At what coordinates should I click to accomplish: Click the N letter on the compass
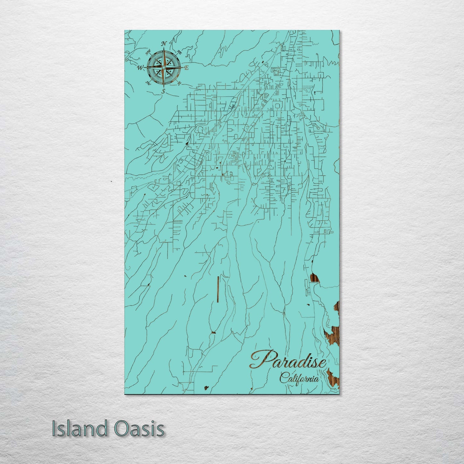pyautogui.click(x=163, y=44)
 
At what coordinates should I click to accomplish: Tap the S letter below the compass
pyautogui.click(x=163, y=92)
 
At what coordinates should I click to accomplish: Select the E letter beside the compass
pyautogui.click(x=186, y=68)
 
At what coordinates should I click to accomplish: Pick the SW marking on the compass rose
pyautogui.click(x=148, y=83)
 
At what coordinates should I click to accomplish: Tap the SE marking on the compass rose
pyautogui.click(x=179, y=83)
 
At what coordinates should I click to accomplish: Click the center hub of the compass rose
pyautogui.click(x=163, y=68)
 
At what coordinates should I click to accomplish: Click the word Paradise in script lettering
pyautogui.click(x=288, y=360)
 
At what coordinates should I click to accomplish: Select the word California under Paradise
pyautogui.click(x=299, y=378)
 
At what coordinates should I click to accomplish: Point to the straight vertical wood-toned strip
pyautogui.click(x=218, y=289)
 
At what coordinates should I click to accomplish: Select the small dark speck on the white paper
pyautogui.click(x=111, y=182)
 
